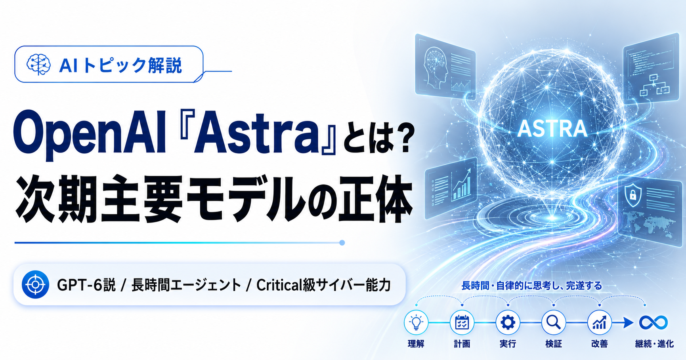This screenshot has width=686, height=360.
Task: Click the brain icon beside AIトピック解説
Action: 38,64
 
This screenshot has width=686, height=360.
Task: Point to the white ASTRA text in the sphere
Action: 552,128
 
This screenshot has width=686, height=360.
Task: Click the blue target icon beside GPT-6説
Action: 36,284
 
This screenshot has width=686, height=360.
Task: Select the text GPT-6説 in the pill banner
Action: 86,285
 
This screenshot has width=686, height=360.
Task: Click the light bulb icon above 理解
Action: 416,322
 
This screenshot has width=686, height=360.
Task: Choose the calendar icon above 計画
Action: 462,322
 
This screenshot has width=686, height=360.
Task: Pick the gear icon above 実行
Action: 508,322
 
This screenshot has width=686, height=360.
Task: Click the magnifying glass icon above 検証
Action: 554,322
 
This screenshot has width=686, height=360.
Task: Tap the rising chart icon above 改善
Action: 599,322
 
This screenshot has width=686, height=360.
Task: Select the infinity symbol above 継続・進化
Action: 654,322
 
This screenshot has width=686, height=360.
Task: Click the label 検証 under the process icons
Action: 554,344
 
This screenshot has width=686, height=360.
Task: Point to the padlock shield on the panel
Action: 633,194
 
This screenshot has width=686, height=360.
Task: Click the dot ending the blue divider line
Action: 342,242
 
